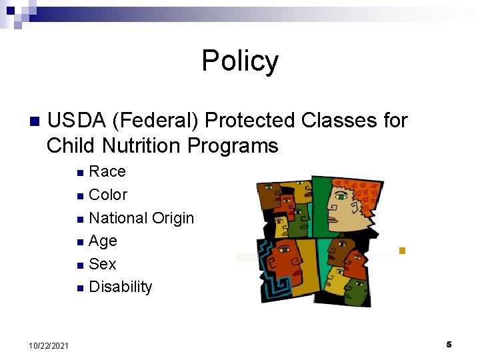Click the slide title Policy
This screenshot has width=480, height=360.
(x=240, y=61)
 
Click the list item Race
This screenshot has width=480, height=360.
(x=107, y=171)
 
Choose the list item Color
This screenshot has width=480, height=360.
(x=107, y=195)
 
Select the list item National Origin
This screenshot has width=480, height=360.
(x=141, y=218)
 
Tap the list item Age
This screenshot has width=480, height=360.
(x=103, y=241)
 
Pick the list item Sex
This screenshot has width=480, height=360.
(x=102, y=264)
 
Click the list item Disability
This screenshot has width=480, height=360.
(x=120, y=287)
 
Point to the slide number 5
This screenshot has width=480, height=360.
(x=449, y=344)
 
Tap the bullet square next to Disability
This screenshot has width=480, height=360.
(x=80, y=289)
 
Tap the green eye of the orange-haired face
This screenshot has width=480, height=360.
(x=341, y=197)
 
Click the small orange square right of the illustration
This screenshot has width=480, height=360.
(x=401, y=251)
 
